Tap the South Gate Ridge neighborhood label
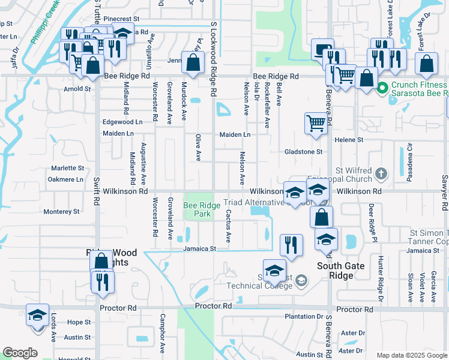click(336, 271)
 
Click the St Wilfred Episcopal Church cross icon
click(381, 175)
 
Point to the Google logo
click(20, 353)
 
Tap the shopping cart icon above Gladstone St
click(316, 123)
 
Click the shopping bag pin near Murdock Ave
click(193, 62)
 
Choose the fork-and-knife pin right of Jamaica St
click(291, 245)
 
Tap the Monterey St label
click(61, 212)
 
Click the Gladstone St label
click(304, 152)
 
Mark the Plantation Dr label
click(304, 316)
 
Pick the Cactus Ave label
click(228, 226)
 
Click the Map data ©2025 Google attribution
click(411, 355)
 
